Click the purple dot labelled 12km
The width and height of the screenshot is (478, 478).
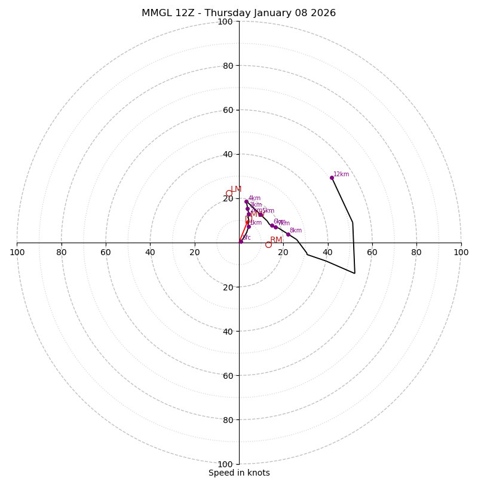(332, 177)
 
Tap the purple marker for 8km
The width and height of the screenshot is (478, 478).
(288, 234)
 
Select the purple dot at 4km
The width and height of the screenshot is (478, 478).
(246, 201)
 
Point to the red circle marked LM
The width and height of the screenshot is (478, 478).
(229, 193)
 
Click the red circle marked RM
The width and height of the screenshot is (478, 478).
(268, 244)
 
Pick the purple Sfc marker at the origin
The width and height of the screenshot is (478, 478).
(241, 241)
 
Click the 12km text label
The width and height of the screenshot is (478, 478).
(341, 174)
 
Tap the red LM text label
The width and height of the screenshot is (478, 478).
(236, 189)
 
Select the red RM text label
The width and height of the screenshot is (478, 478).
(276, 240)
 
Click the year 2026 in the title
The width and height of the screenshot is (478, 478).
(323, 13)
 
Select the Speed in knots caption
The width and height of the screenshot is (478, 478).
(239, 473)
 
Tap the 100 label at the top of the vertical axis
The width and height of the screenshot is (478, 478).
(225, 22)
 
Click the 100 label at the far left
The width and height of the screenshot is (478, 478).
(17, 252)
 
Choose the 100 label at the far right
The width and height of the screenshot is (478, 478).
(461, 252)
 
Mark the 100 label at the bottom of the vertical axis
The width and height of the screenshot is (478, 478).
(225, 464)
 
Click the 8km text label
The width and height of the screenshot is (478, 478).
(296, 231)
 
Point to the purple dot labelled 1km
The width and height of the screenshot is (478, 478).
(249, 226)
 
